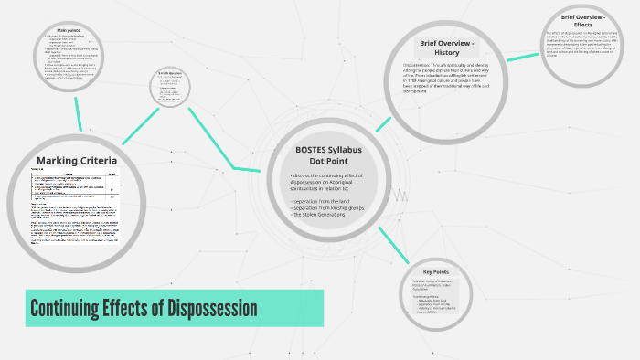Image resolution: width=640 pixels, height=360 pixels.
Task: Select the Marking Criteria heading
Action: [x=77, y=162]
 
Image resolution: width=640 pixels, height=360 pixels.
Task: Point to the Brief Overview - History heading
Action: [x=447, y=48]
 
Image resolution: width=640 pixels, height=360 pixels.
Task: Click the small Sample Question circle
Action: [x=172, y=89]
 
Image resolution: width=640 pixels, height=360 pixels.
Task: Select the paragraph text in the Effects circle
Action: [x=585, y=44]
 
